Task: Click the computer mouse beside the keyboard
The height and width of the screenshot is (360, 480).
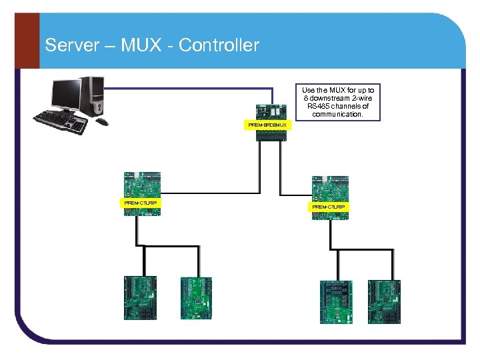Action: pyautogui.click(x=101, y=122)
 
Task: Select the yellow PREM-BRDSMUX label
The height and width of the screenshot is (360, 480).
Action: pyautogui.click(x=267, y=125)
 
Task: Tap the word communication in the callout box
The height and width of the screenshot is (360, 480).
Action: pyautogui.click(x=338, y=114)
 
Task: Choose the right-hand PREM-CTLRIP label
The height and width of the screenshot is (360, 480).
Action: pyautogui.click(x=329, y=207)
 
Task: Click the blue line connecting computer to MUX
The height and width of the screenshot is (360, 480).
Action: pyautogui.click(x=200, y=87)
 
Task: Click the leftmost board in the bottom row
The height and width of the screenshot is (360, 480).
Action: pyautogui.click(x=140, y=298)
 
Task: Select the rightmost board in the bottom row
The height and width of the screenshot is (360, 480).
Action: pyautogui.click(x=385, y=301)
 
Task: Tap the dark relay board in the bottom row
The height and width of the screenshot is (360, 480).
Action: pyautogui.click(x=335, y=301)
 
